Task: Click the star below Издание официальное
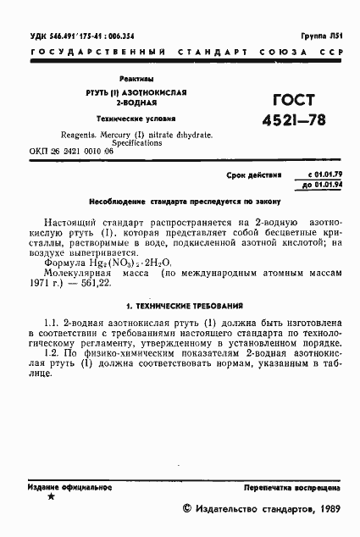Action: tap(51, 499)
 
